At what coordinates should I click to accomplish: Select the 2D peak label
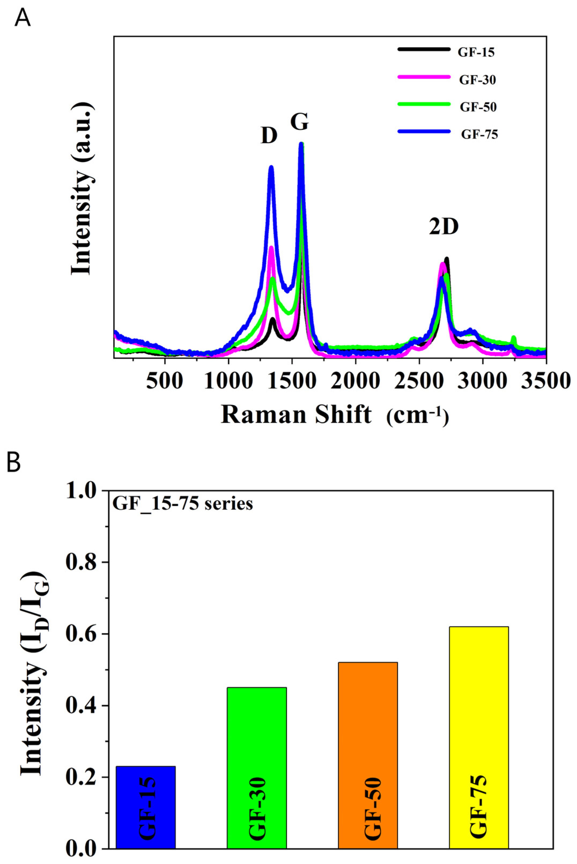coord(444,227)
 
